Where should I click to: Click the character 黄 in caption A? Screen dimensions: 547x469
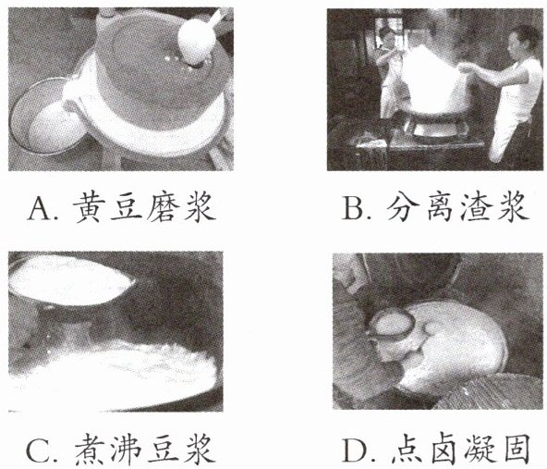pos(87,207)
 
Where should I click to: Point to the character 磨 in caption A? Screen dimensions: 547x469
pos(162,207)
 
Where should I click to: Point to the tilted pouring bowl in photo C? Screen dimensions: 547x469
pos(70,279)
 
